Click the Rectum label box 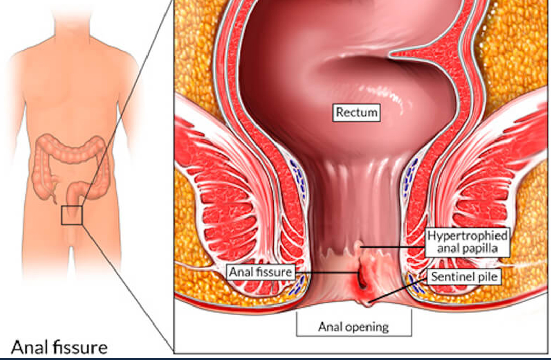[356, 113]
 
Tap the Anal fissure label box [261, 272]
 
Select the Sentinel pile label [464, 277]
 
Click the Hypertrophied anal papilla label [467, 242]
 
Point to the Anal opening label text [354, 327]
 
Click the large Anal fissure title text [59, 347]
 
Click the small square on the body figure [71, 215]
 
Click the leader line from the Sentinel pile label [398, 290]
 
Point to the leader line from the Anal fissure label [326, 272]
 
